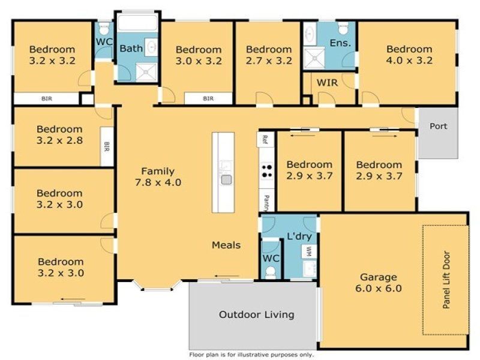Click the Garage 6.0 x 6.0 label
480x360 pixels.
coord(379,283)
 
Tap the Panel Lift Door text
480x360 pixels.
coord(446,280)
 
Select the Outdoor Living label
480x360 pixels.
coord(257,314)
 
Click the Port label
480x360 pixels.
coord(438,126)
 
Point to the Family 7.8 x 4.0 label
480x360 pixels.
coord(158,176)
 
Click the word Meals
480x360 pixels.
coord(226,245)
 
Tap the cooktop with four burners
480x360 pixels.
coord(266,171)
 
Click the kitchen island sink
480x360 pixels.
coord(227,179)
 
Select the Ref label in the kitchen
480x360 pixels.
coord(265,139)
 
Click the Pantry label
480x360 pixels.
coord(266,203)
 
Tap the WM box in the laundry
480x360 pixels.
coord(309,251)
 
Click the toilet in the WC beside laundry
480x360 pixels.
coord(271,272)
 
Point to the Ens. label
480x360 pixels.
coord(340,43)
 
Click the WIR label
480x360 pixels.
coord(327,83)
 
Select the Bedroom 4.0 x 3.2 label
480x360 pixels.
coord(409,55)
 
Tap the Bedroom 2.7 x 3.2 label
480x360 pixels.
coord(269,55)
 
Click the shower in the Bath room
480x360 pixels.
coord(146,72)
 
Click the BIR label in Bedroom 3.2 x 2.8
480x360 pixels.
coord(107,146)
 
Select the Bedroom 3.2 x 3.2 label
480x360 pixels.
coord(52,55)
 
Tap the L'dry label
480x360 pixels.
coord(299,236)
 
